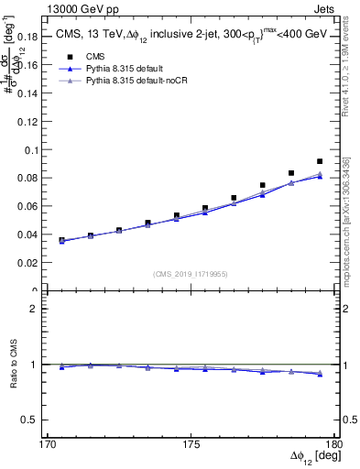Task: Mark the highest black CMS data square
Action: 320,161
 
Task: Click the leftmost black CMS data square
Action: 61,240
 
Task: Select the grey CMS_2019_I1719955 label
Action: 190,273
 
